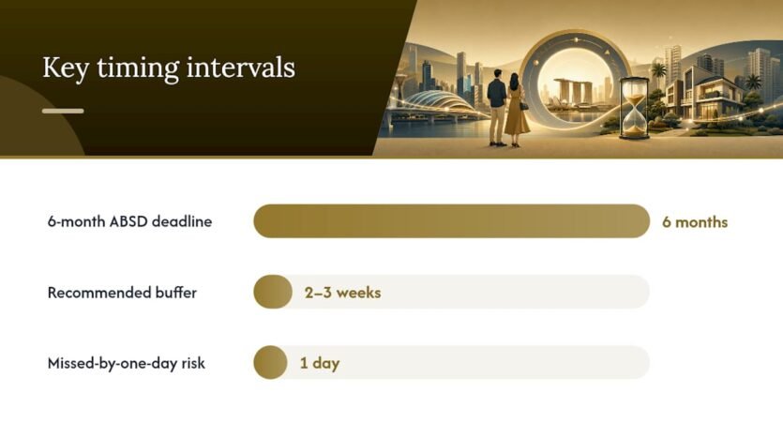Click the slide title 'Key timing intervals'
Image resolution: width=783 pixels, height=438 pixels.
[169, 68]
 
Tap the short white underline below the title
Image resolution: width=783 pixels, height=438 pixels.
[63, 111]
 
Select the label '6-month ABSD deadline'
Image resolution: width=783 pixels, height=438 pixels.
[129, 221]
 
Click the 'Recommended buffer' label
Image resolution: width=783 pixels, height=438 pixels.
[122, 293]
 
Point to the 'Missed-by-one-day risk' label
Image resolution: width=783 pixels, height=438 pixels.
[127, 363]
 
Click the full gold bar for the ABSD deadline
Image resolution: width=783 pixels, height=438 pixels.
[451, 220]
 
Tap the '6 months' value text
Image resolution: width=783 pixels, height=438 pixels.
[695, 221]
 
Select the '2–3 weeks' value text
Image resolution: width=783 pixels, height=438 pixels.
[342, 293]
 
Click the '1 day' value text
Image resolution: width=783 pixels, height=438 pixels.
[320, 363]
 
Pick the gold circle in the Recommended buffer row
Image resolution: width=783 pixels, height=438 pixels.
[273, 292]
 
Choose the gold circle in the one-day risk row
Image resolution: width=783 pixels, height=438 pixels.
[270, 363]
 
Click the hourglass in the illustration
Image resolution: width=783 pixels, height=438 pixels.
[635, 108]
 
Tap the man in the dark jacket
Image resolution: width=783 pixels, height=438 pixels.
[497, 107]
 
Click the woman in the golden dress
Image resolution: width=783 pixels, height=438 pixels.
[516, 111]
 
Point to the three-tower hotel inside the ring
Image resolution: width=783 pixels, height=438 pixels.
[573, 90]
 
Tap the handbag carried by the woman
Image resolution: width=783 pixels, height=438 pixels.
[524, 106]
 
